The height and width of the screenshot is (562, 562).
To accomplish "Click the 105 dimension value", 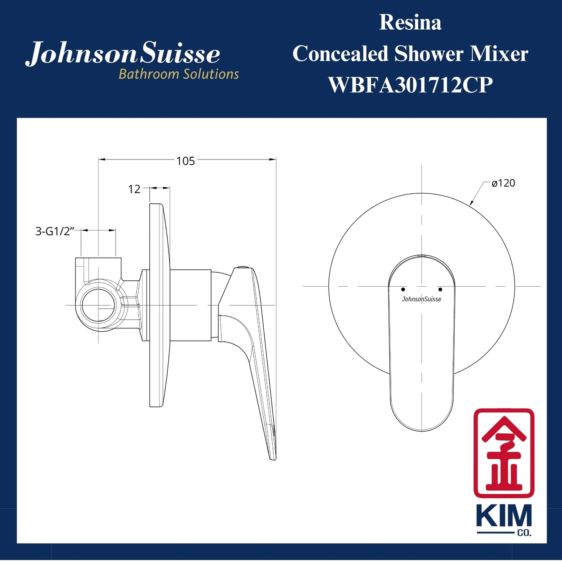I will [x=186, y=161].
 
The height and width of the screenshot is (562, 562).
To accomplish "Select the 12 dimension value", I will [x=134, y=189].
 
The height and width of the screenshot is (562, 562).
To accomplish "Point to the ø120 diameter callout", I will [x=503, y=183].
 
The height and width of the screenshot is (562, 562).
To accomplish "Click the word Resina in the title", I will [x=410, y=23].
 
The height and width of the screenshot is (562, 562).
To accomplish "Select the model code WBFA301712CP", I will [x=410, y=85].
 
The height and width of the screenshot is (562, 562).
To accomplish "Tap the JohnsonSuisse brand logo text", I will [x=123, y=54].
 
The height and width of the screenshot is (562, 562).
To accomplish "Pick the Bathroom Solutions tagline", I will [x=179, y=74].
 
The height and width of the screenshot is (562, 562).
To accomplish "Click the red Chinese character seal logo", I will [x=504, y=453].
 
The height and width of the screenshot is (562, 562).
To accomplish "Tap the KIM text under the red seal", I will [x=504, y=516].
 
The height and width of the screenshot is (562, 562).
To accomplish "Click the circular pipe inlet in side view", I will [x=99, y=305].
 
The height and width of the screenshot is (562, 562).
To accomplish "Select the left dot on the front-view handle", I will [x=403, y=289].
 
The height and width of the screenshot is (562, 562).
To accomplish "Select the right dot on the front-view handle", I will [x=440, y=289].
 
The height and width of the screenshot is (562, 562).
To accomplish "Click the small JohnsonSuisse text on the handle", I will [x=422, y=299].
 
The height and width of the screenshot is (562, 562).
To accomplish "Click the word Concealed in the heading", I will [x=340, y=54].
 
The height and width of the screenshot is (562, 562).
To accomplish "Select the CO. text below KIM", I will [x=524, y=533].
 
